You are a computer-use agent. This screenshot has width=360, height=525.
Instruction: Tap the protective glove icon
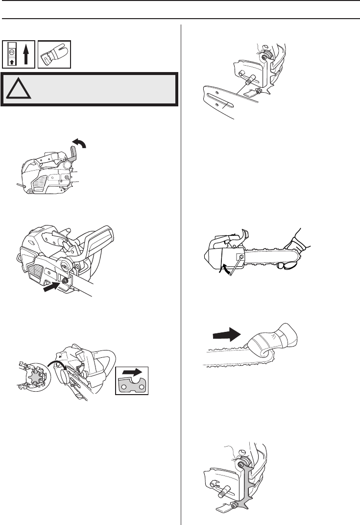[55, 54]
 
